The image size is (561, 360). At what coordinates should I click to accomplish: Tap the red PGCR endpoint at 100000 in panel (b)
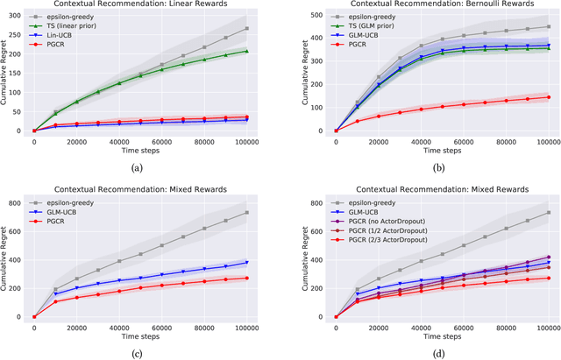pos(549,97)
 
